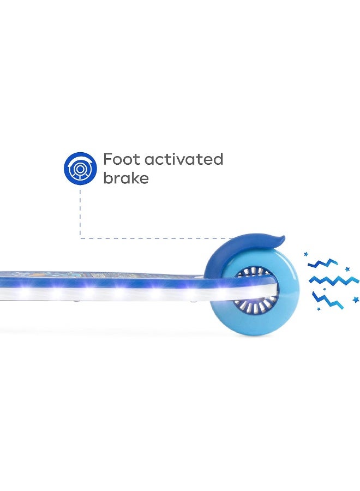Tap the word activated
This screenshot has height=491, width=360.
(184, 159)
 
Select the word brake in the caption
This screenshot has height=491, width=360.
(126, 178)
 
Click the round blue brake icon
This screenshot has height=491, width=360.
(80, 167)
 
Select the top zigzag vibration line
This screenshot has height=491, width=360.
(323, 264)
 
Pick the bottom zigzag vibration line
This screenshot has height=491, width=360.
(327, 300)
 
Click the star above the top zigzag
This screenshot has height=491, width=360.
(306, 254)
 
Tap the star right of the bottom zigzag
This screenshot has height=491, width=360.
(356, 300)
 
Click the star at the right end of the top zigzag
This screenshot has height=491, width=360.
(347, 269)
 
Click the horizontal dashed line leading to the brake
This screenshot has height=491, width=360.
(158, 238)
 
